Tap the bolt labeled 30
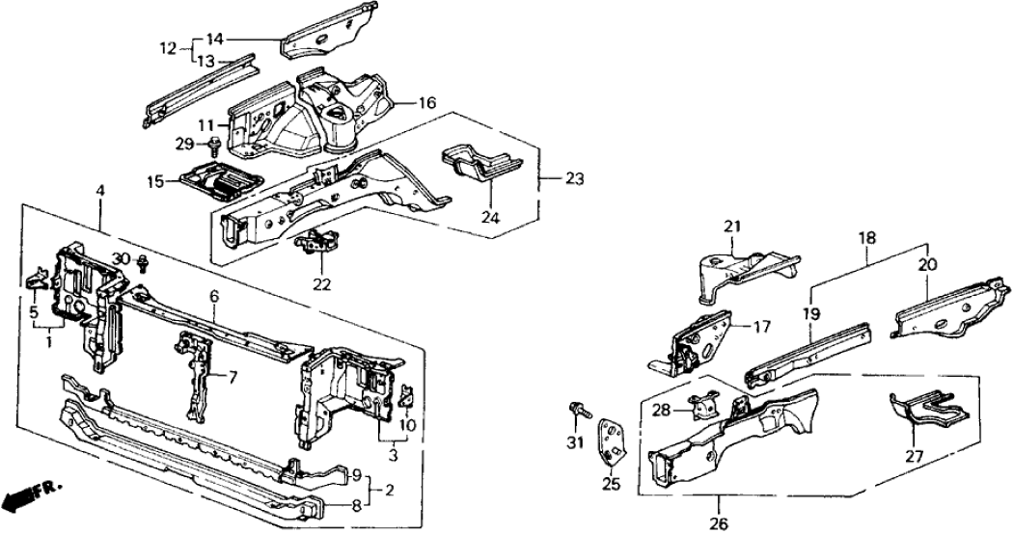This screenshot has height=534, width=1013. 143,262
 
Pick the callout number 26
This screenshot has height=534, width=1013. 720,498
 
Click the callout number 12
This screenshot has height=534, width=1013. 167,47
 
